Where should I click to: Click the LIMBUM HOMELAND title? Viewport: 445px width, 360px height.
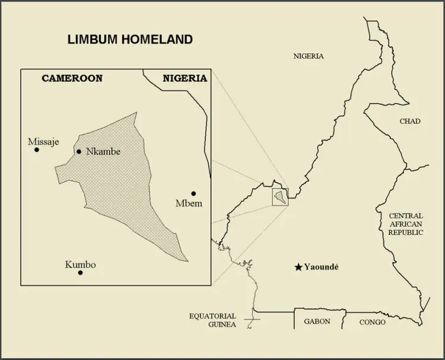click(130, 40)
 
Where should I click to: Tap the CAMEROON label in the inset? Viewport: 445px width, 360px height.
click(72, 78)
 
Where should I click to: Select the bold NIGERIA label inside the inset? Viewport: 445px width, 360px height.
click(185, 78)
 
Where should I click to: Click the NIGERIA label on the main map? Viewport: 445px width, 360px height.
click(309, 56)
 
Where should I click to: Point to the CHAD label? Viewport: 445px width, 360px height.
click(409, 121)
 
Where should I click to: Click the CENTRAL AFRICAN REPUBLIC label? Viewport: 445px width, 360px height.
click(406, 224)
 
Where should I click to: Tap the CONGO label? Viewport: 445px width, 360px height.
click(372, 322)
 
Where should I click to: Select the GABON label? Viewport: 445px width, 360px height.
click(317, 321)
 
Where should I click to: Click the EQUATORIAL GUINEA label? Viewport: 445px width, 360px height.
click(212, 320)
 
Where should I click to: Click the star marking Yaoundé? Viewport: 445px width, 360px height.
click(298, 267)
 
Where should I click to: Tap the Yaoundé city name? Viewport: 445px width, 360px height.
click(321, 267)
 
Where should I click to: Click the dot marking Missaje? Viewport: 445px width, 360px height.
click(37, 150)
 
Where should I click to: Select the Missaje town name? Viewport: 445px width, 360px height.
click(43, 141)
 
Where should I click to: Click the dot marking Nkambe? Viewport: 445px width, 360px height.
click(79, 152)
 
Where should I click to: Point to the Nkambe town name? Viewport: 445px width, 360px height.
click(103, 152)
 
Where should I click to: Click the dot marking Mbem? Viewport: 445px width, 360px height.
click(193, 193)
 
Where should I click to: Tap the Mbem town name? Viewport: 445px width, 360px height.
click(189, 204)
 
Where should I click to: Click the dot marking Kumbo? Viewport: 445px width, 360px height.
click(80, 273)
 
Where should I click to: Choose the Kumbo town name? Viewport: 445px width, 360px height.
click(80, 265)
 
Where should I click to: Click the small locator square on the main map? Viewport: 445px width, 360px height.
click(279, 196)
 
